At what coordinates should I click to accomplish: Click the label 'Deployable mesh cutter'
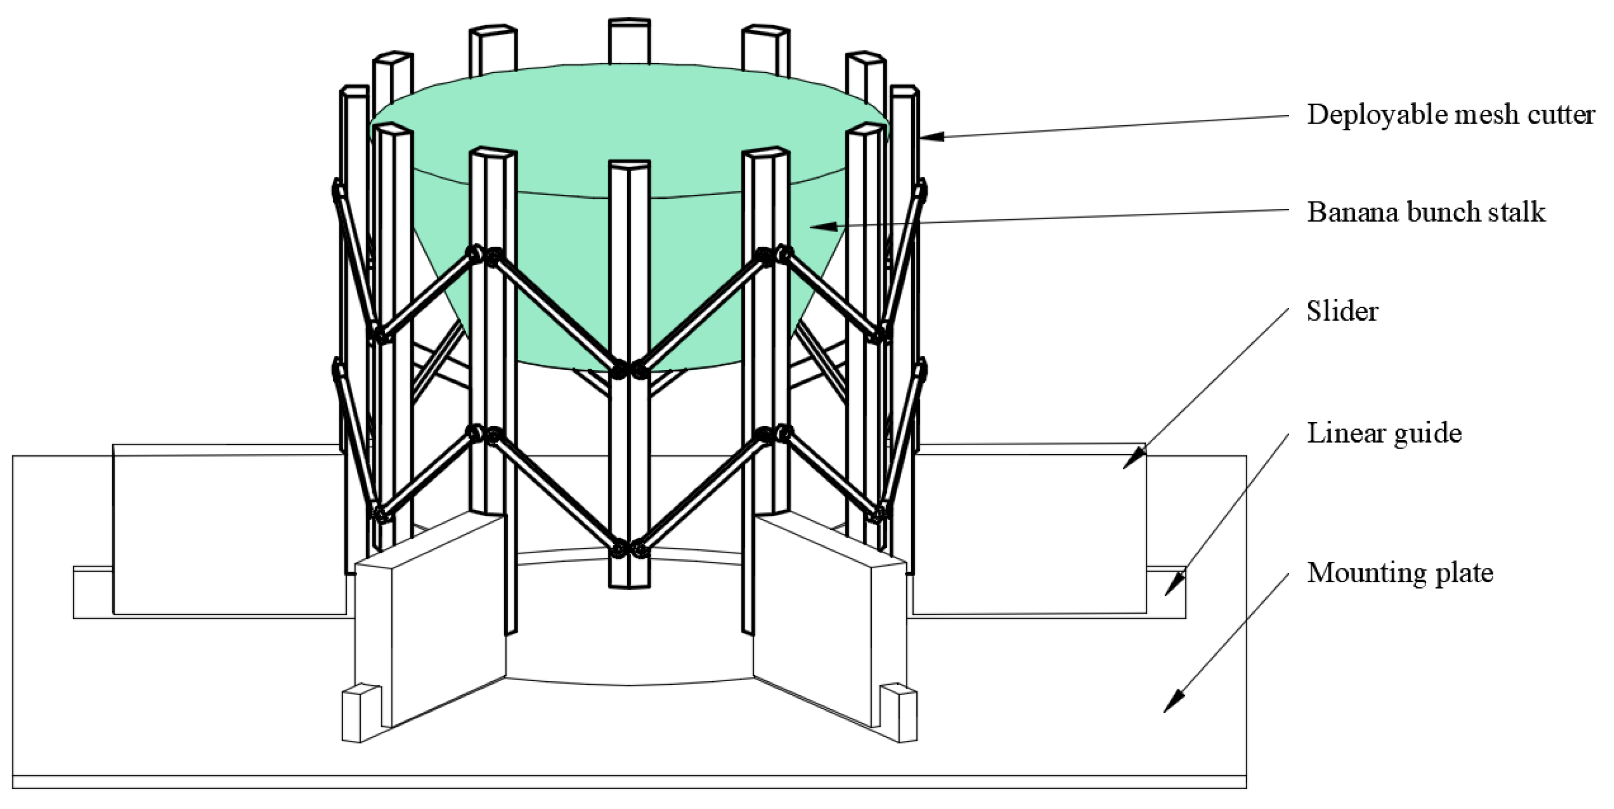click(1450, 114)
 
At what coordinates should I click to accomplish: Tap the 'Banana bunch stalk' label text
click(1426, 212)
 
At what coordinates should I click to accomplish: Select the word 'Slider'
click(1342, 312)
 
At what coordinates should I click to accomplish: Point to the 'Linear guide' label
click(1384, 434)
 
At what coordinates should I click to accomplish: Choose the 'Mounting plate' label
click(1400, 573)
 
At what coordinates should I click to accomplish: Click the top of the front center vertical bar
click(629, 165)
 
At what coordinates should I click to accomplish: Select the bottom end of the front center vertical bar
click(629, 584)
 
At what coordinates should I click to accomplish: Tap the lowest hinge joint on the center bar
click(629, 549)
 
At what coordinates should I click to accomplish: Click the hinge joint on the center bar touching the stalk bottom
click(629, 370)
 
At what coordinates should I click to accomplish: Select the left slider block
click(229, 530)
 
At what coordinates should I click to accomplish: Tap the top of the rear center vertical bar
click(629, 23)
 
